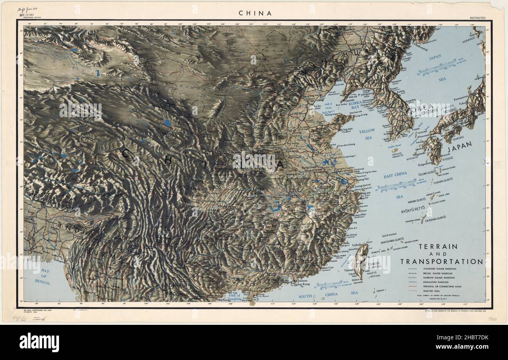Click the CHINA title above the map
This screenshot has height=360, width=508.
[x=255, y=13]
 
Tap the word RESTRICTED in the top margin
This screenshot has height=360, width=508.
[x=478, y=18]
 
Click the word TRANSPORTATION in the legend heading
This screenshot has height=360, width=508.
[x=441, y=262]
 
